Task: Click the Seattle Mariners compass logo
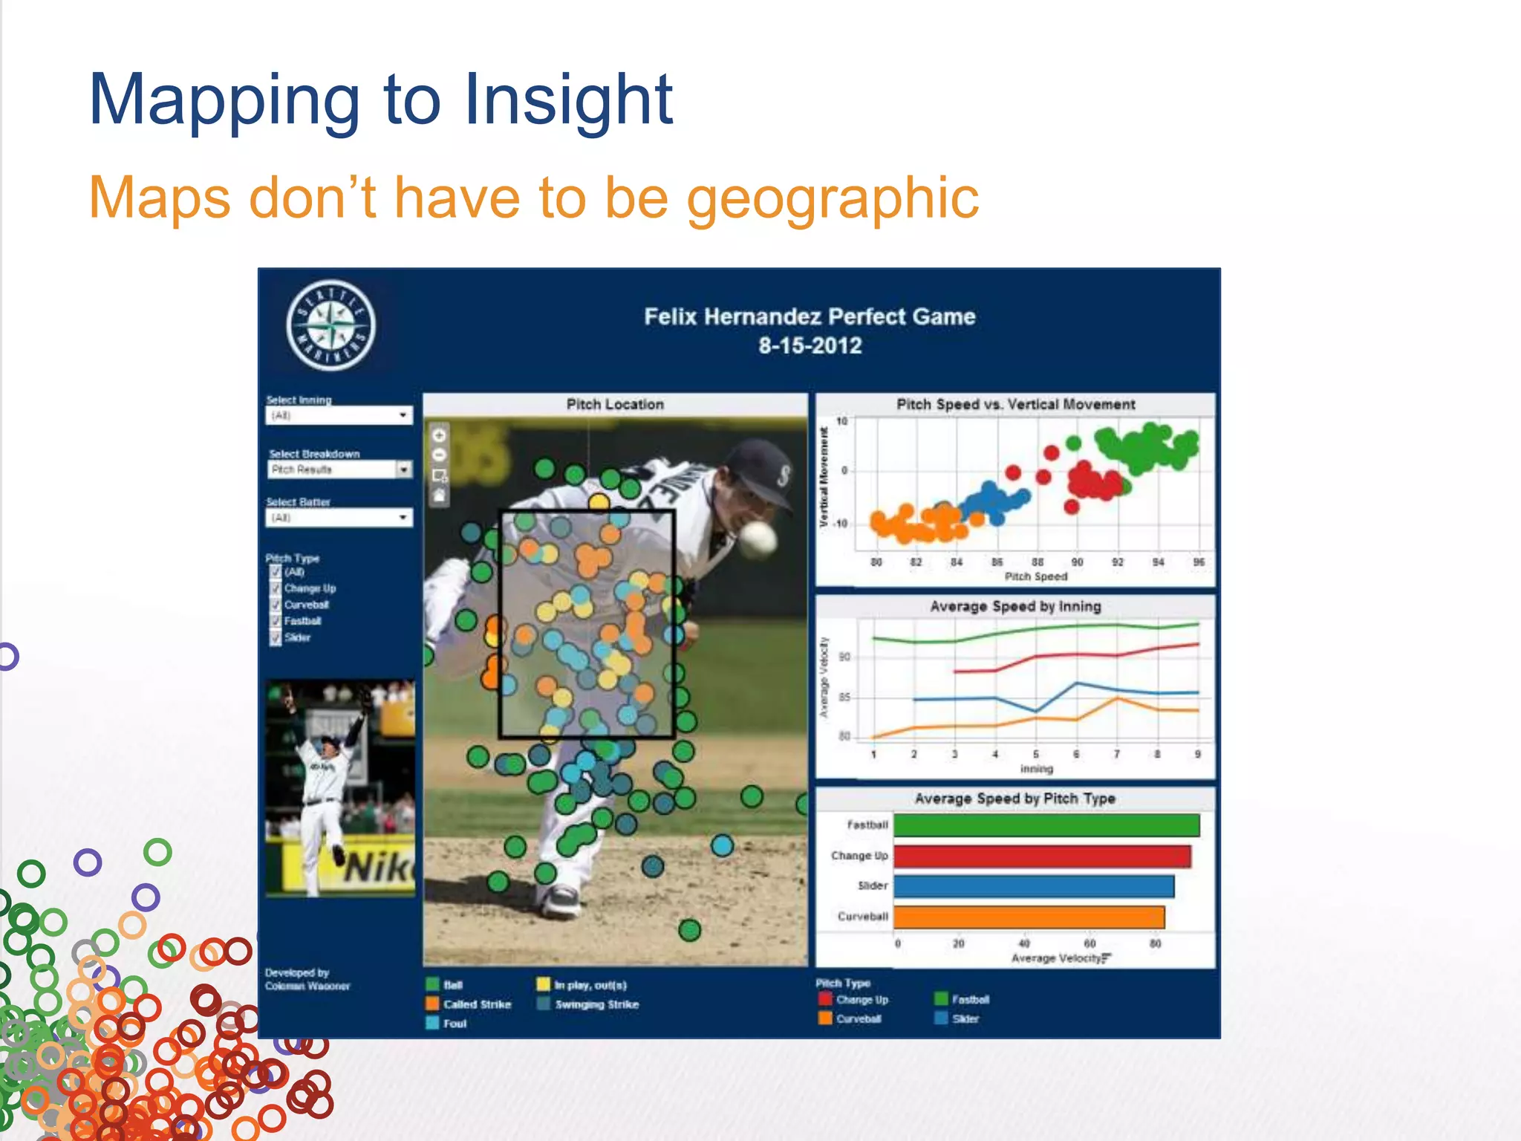pyautogui.click(x=331, y=325)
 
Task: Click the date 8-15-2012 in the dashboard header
pyautogui.click(x=810, y=346)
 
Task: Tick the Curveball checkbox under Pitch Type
pyautogui.click(x=276, y=605)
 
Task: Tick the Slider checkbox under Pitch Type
pyautogui.click(x=276, y=637)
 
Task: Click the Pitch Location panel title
pyautogui.click(x=615, y=405)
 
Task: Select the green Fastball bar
pyautogui.click(x=1046, y=825)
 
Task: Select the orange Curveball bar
pyautogui.click(x=1029, y=917)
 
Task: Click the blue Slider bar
pyautogui.click(x=1033, y=886)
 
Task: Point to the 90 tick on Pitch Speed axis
pyautogui.click(x=1077, y=562)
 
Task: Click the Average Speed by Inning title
pyautogui.click(x=1015, y=607)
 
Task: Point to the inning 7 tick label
pyautogui.click(x=1117, y=754)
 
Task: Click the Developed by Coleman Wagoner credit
pyautogui.click(x=307, y=979)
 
